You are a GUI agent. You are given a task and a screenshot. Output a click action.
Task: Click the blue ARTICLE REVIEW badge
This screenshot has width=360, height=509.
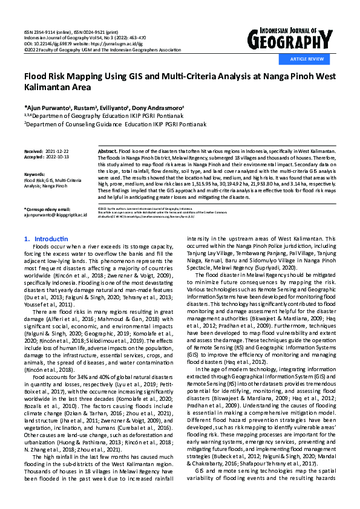307,59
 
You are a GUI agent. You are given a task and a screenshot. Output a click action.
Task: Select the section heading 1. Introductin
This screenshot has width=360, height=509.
46,239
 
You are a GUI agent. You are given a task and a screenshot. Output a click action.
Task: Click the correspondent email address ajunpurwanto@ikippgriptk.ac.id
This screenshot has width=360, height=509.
56,215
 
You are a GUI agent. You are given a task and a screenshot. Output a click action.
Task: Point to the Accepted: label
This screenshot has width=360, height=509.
35,155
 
